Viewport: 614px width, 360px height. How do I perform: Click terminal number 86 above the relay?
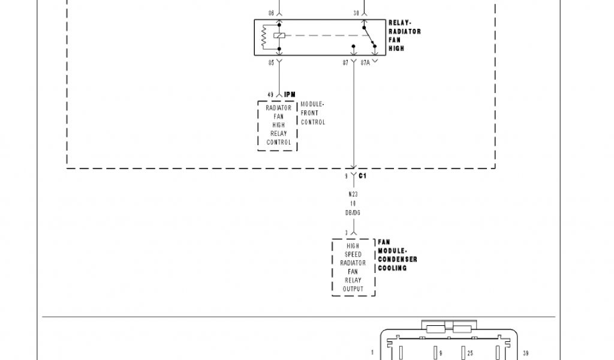(271, 13)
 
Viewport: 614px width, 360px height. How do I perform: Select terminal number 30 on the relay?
(356, 13)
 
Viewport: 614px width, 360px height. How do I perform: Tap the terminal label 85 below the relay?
(271, 62)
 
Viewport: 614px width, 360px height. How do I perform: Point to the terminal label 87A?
(365, 62)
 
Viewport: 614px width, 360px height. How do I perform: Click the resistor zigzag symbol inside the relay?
(264, 36)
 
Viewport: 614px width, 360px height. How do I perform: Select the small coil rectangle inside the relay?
(279, 35)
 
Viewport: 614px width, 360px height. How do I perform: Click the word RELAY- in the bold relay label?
(400, 23)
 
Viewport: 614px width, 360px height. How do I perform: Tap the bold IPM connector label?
(290, 94)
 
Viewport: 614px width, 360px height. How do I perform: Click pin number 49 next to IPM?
(270, 94)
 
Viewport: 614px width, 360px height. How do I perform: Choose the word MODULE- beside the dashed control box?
(312, 104)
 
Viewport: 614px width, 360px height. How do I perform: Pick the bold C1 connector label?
(363, 176)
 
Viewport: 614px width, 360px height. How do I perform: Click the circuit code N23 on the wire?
(353, 194)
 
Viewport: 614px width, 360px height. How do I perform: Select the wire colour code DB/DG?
(353, 212)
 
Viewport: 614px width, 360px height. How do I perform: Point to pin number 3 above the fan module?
(346, 232)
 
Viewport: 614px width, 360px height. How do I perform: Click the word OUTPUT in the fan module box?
(353, 289)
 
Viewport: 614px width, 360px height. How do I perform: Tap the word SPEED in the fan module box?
(353, 254)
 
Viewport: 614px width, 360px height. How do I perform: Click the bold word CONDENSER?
(397, 259)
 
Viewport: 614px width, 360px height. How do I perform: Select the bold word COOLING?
(392, 268)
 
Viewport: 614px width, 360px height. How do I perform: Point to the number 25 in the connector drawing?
(470, 353)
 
